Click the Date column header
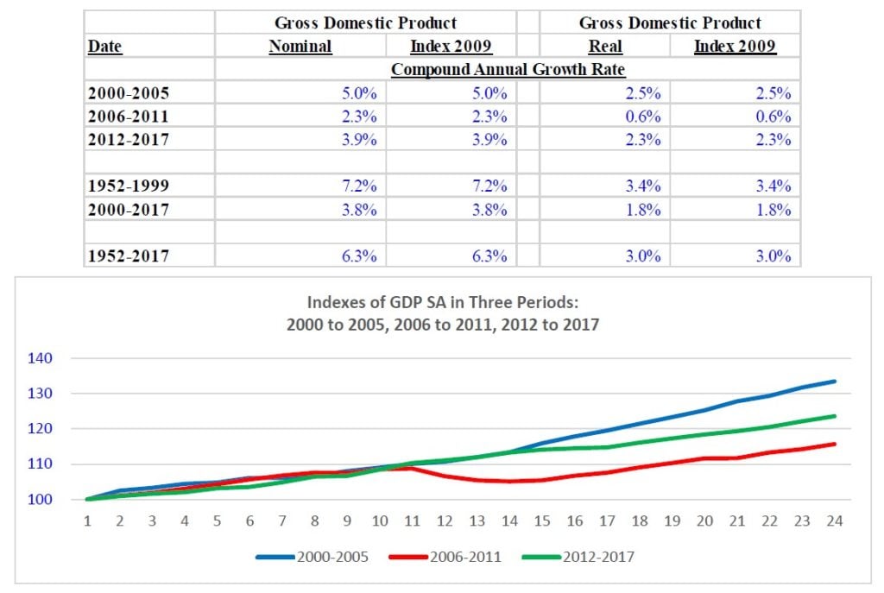pos(105,47)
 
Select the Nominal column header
pos(300,47)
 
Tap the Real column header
pos(605,47)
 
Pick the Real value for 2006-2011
pos(643,117)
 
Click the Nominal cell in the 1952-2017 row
pos(359,256)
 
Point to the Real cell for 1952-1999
pos(643,186)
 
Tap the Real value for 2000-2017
pos(643,210)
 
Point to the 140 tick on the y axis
pos(42,358)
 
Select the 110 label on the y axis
pos(42,464)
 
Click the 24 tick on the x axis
pos(835,521)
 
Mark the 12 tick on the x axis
pos(444,521)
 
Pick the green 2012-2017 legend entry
pos(579,557)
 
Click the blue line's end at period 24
pos(835,382)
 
